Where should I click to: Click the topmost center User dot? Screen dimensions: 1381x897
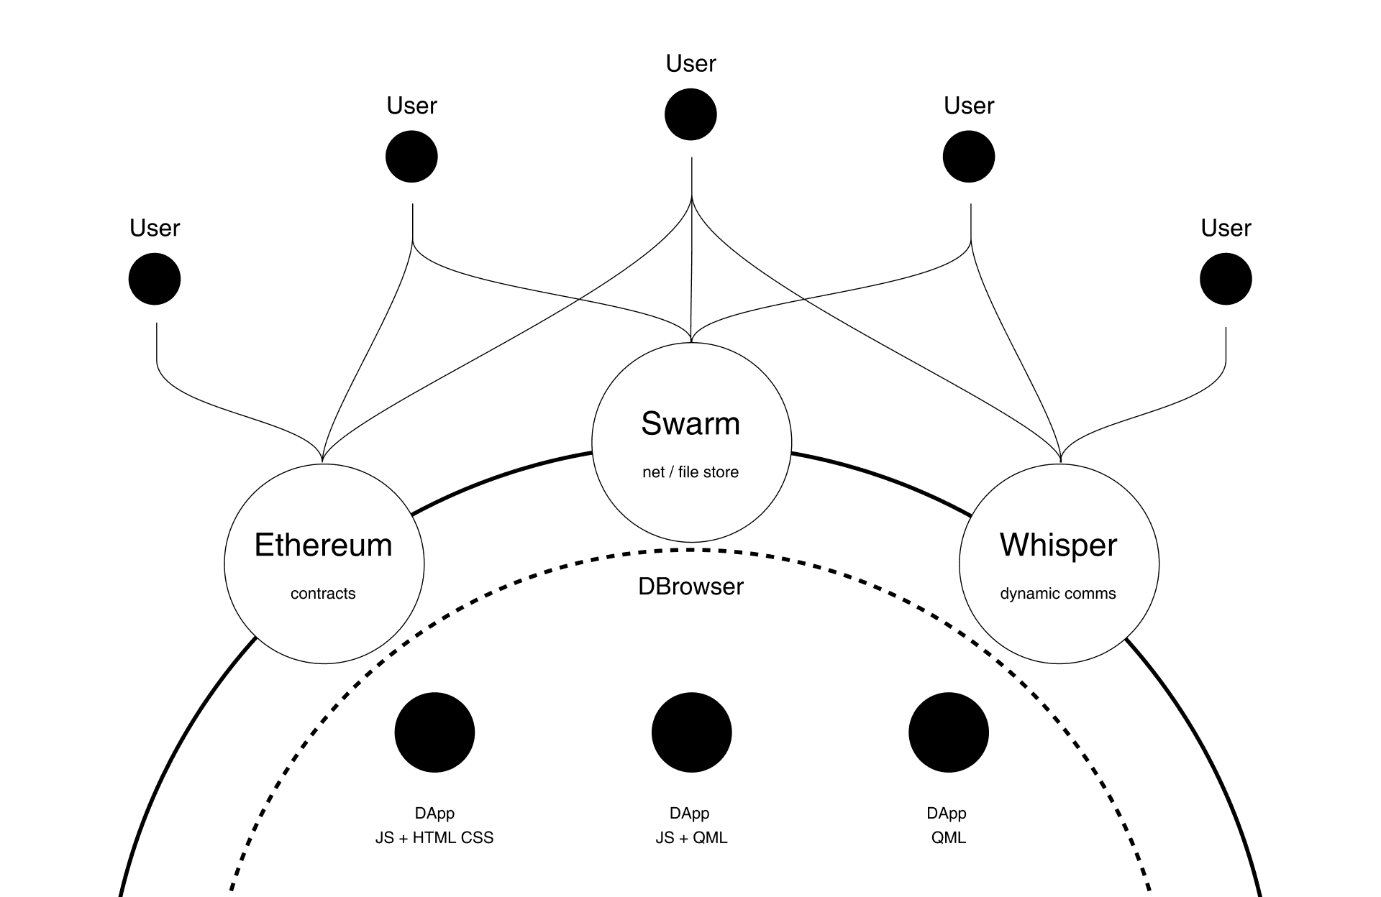pos(690,114)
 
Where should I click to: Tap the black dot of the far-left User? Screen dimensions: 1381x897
pos(155,279)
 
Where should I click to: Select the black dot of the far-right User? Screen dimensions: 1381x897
pos(1226,279)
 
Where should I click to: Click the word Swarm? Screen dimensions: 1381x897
pos(690,423)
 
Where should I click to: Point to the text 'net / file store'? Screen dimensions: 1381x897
pos(690,472)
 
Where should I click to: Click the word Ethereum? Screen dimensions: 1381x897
pos(324,545)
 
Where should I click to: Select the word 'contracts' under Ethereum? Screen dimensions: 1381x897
pos(323,594)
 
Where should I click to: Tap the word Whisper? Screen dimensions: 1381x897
pos(1059,545)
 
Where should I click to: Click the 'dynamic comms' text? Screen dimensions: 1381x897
pos(1058,594)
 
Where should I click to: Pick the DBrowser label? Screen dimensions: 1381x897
pos(690,586)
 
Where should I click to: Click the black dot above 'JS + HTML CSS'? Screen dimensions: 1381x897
pos(434,732)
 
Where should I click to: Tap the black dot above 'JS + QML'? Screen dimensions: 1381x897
pos(691,732)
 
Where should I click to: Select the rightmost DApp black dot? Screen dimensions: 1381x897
pos(949,732)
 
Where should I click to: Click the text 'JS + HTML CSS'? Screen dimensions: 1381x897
pos(434,838)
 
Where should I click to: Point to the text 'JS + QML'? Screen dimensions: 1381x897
pos(691,838)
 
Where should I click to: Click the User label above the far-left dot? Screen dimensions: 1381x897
pos(155,228)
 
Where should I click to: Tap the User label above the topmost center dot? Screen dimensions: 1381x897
pos(690,63)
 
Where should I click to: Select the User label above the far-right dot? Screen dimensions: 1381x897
pos(1226,228)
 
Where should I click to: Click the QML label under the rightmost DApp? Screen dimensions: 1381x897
pos(949,838)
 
